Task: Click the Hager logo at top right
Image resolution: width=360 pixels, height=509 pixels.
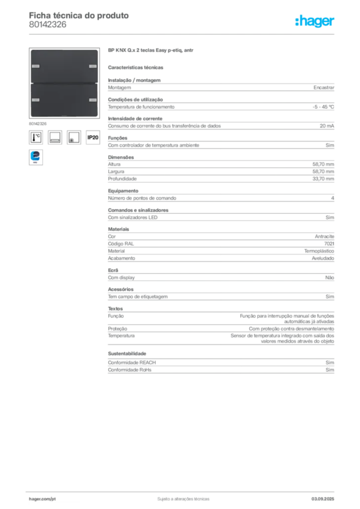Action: coord(315,21)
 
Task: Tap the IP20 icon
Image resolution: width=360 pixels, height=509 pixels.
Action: coord(93,137)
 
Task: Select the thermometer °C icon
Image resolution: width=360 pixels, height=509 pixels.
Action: coord(36,137)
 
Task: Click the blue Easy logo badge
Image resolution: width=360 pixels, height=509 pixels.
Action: coord(36,157)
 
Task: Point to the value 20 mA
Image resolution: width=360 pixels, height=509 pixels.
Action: coord(327,126)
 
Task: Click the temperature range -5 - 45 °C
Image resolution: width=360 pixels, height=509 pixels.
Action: coord(323,107)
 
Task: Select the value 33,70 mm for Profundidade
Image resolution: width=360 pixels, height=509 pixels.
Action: coord(323,179)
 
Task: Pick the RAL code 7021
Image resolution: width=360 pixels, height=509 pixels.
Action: coord(329,244)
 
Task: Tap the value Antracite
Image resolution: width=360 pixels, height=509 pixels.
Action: coord(325,237)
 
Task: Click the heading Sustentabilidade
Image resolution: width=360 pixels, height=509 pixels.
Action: coord(127,353)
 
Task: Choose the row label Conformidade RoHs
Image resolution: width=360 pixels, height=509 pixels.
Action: coord(129,370)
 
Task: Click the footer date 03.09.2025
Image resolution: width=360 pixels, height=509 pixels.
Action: coord(323,499)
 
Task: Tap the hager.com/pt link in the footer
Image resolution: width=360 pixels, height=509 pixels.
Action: coord(42,499)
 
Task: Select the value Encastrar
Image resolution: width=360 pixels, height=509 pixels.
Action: coord(324,87)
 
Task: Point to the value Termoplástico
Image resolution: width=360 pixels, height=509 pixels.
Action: coord(319,251)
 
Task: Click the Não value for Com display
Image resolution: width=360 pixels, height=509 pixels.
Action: coord(330,277)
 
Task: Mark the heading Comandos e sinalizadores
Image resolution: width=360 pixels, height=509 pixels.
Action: coord(138,210)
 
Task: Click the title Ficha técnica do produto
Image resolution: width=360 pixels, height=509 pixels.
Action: coord(79,15)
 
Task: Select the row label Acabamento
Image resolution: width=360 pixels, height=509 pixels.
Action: coord(121,258)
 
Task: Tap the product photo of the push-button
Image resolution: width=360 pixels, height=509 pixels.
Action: coord(64,83)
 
